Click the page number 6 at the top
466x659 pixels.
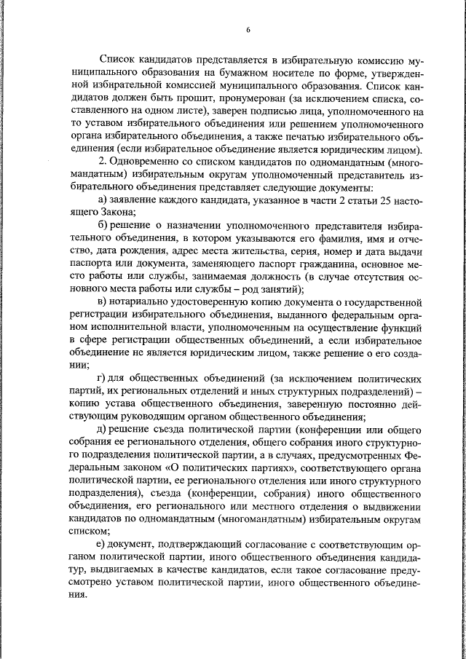click(248, 29)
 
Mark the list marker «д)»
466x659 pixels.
click(103, 430)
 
